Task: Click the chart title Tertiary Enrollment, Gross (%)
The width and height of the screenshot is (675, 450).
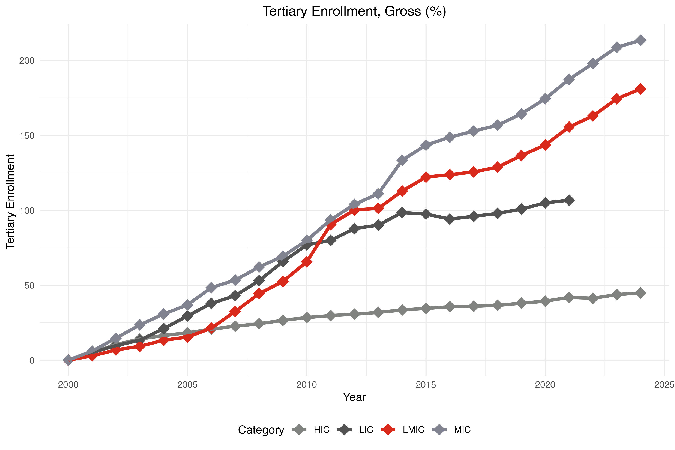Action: (354, 12)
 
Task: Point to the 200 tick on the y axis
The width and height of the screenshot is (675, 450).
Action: (27, 61)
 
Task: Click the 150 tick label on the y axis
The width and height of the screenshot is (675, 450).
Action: (27, 136)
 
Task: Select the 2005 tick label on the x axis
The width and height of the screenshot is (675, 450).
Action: (187, 385)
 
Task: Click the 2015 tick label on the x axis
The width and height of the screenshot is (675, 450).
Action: (426, 385)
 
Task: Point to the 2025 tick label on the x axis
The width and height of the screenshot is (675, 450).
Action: (664, 385)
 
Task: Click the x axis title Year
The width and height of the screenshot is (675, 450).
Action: (354, 397)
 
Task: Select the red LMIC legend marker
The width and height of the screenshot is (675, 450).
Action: (388, 430)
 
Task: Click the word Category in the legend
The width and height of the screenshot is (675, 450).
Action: (261, 430)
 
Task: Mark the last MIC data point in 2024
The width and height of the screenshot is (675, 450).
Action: (640, 40)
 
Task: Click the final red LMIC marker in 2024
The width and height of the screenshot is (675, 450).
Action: (640, 89)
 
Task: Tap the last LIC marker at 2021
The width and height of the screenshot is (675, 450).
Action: (569, 200)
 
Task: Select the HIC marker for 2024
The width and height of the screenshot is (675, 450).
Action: (640, 293)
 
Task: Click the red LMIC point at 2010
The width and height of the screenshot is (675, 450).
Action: (306, 262)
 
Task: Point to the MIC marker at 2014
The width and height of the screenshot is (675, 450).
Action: (402, 160)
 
